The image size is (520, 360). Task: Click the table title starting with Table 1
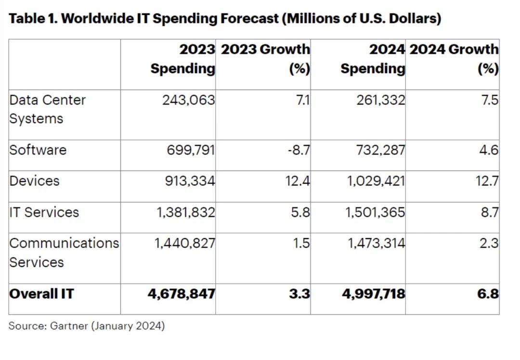tap(225, 19)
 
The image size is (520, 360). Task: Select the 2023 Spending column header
tap(183, 59)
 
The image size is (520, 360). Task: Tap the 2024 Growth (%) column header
tap(454, 59)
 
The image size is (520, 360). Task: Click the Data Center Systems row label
tap(48, 109)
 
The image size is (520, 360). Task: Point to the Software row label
tap(38, 150)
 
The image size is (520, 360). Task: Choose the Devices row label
tap(35, 181)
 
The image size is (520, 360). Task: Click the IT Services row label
tap(44, 212)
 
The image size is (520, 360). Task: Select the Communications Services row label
tap(64, 252)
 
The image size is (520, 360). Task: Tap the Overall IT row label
tap(42, 294)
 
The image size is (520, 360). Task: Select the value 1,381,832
tap(185, 212)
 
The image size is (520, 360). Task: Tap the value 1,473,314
tap(377, 243)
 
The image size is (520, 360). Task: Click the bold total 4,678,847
tap(182, 294)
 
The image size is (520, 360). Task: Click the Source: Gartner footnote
tap(87, 326)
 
